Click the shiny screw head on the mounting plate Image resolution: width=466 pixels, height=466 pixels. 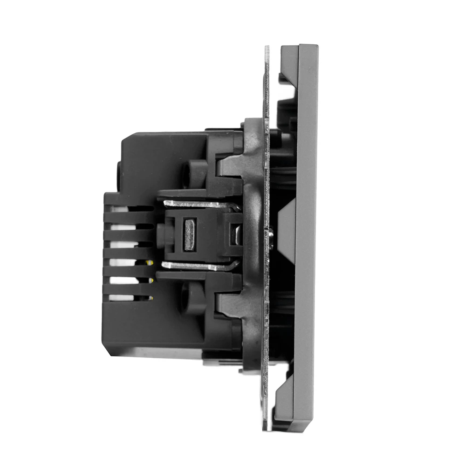click(271, 230)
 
